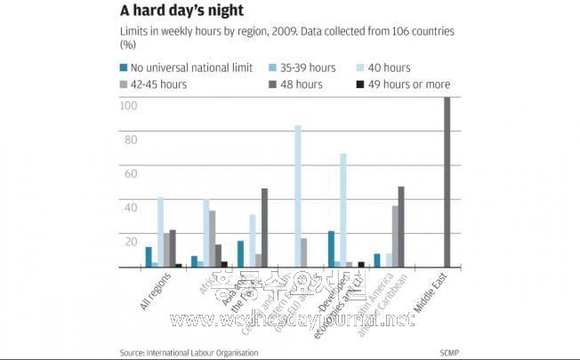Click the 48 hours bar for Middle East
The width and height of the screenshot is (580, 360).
[x=447, y=181]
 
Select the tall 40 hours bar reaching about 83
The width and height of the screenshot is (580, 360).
[x=298, y=196]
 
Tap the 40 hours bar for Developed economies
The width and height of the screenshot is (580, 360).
[x=342, y=210]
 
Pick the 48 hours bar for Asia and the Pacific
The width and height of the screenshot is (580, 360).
[x=263, y=228]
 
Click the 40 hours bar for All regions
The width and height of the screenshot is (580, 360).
[x=161, y=232]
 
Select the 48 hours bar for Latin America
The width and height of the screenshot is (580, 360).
[x=401, y=227]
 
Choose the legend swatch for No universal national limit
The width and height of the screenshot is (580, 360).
[x=124, y=67]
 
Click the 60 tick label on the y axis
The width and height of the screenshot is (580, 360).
[x=131, y=173]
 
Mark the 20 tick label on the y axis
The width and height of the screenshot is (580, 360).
[x=131, y=241]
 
